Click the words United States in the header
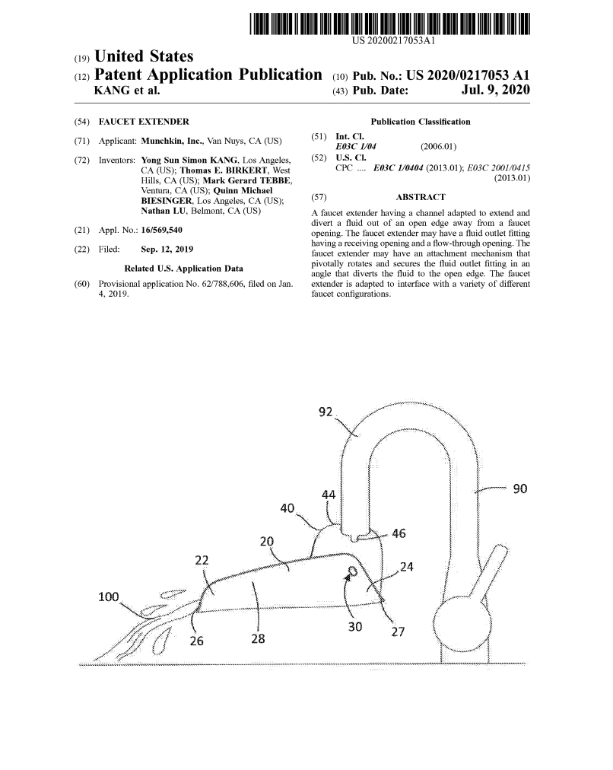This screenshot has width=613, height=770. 144,57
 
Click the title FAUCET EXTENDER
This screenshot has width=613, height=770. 144,122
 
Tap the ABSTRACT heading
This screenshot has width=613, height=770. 421,197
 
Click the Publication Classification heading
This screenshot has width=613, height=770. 420,122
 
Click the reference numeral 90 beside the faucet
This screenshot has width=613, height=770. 522,488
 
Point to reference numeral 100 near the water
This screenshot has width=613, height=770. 111,596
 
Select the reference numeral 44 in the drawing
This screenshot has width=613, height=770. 329,495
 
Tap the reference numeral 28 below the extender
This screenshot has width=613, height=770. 258,639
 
